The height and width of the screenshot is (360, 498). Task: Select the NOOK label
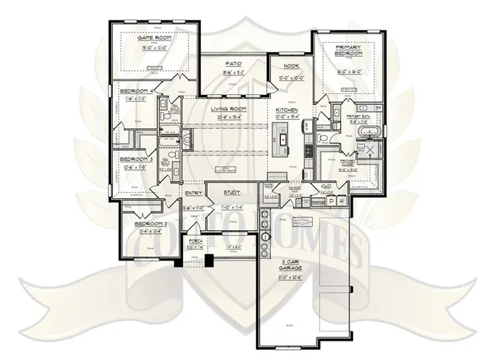coord(293,67)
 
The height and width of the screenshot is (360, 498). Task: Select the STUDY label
coord(233,193)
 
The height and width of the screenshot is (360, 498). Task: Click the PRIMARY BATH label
coord(363,117)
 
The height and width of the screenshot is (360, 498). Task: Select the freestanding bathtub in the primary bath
coord(370,144)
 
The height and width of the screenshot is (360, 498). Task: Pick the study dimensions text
coord(233,207)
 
